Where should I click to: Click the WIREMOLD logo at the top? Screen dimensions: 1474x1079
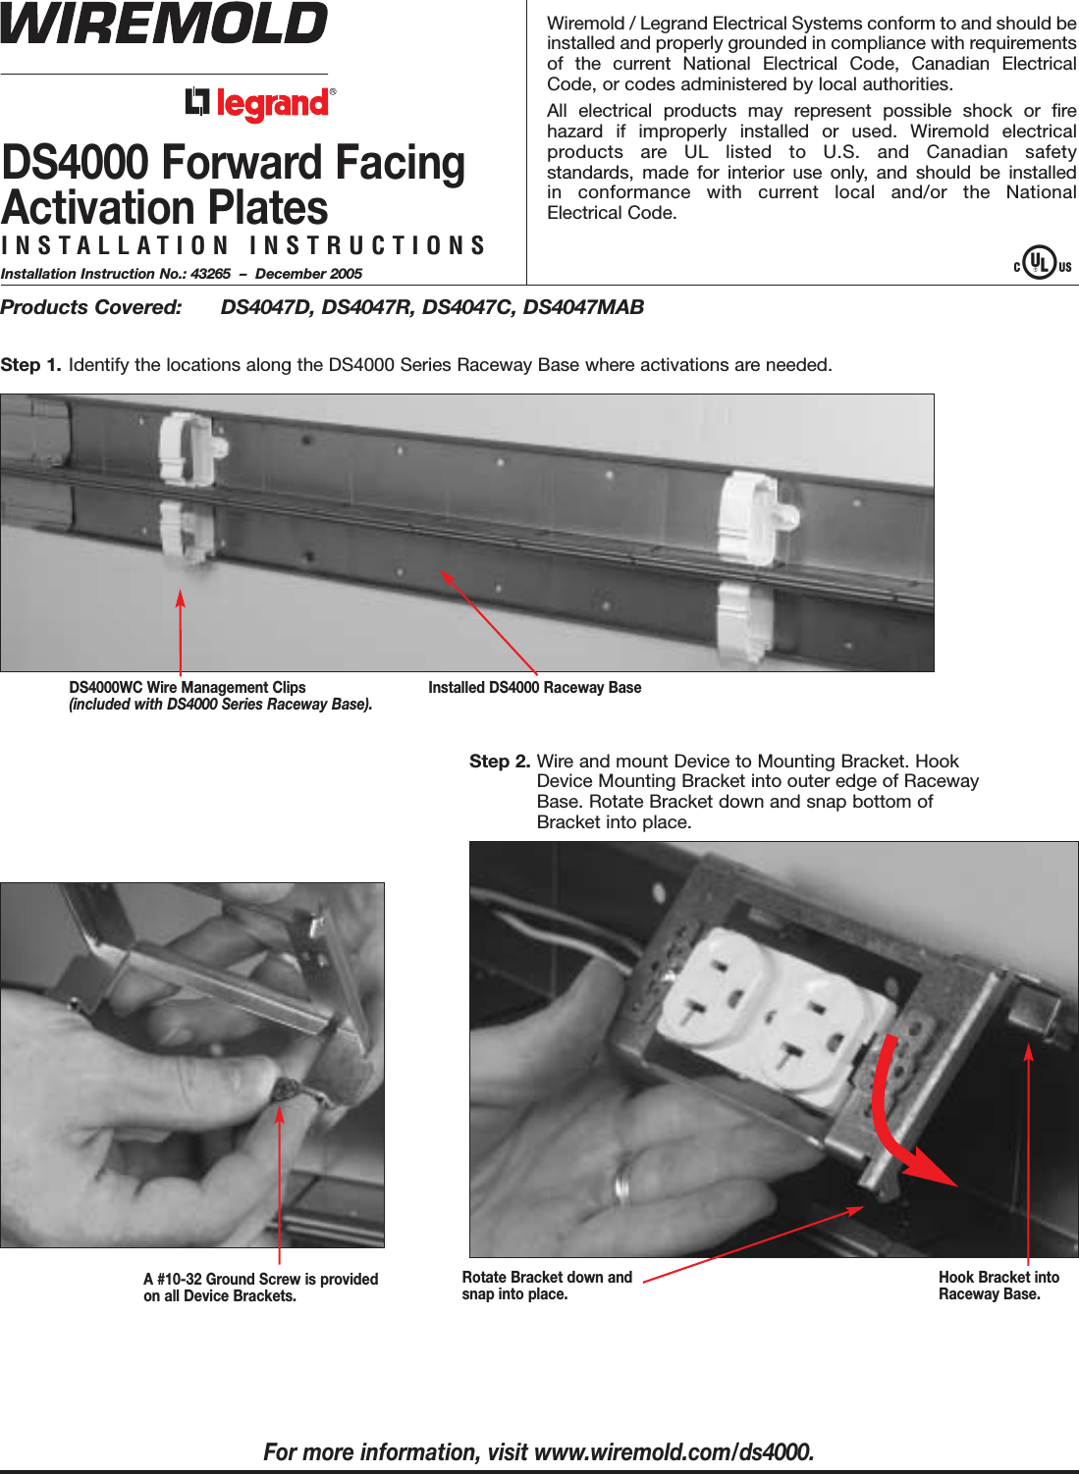coord(164,24)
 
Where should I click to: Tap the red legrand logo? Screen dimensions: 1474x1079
coord(261,103)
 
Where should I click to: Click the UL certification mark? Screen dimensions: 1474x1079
coord(1041,263)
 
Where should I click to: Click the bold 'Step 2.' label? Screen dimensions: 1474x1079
coord(500,762)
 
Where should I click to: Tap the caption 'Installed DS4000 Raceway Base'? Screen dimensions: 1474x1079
coord(534,688)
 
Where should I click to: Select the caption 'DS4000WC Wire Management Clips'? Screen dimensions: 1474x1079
coord(188,688)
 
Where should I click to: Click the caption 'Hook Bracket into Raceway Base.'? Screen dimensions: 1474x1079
coord(998,1286)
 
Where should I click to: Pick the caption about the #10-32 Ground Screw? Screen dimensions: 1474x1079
coord(260,1288)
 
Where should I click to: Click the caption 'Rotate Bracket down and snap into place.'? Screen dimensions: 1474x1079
coord(547,1286)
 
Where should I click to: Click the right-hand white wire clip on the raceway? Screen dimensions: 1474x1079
coord(747,515)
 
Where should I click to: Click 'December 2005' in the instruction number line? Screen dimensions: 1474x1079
coord(308,274)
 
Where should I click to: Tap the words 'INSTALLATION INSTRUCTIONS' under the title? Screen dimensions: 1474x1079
coord(243,245)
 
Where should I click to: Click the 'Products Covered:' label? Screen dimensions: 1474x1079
coord(91,307)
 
